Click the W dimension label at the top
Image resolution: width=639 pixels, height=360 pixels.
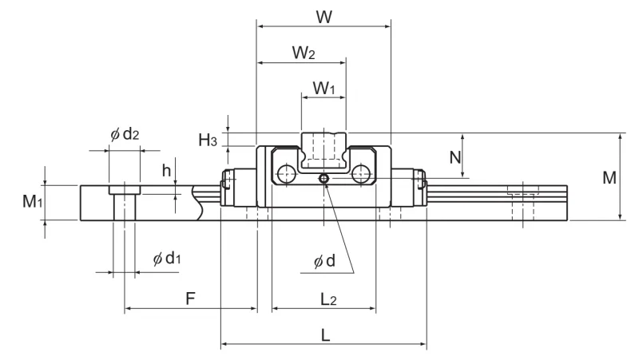coord(324,17)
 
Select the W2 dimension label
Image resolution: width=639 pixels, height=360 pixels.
coord(304,53)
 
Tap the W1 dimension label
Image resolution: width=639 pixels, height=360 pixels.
coord(323,88)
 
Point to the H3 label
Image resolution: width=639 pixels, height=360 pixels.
coord(208,140)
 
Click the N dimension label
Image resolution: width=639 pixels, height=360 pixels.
coord(455,157)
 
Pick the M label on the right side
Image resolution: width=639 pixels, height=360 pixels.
coord(609,177)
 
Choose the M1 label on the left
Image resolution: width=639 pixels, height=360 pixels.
coord(33,201)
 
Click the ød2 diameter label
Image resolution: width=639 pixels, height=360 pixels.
coord(125,133)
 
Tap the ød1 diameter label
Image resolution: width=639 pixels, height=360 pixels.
coord(167,258)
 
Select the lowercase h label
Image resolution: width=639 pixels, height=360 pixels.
coord(166,171)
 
